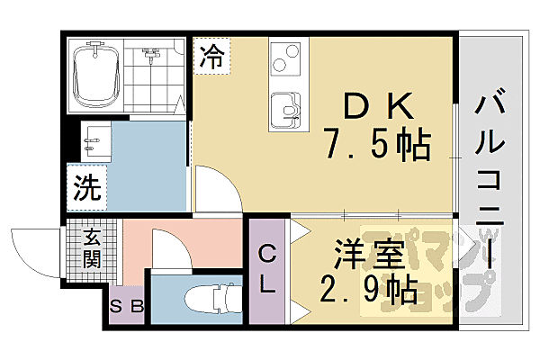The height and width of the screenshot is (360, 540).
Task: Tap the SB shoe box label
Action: coord(127,308)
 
